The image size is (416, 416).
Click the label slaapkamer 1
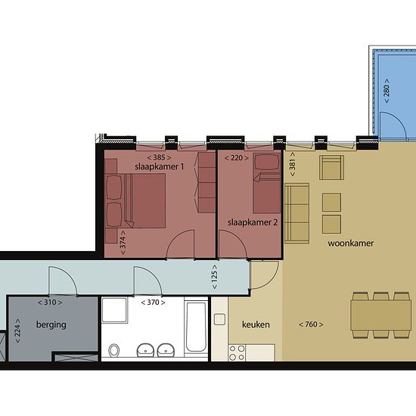159,167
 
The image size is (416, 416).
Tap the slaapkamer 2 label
253,222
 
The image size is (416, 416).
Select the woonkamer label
350,244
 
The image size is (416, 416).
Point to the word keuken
256,324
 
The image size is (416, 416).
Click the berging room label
51,324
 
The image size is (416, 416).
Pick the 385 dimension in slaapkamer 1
159,157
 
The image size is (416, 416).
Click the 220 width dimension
237,158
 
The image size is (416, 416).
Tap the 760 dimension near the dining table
311,324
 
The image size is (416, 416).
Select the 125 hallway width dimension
215,277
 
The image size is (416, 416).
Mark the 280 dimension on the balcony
387,91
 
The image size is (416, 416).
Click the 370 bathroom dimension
153,303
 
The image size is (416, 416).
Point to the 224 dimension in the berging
17,331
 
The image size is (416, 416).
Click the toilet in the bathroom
114,350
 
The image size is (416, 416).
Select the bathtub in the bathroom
196,328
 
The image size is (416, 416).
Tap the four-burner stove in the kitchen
237,353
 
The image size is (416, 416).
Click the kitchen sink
219,319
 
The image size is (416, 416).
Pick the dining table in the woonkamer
380,315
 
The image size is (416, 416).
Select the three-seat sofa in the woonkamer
296,213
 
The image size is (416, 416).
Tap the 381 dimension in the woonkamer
292,164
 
